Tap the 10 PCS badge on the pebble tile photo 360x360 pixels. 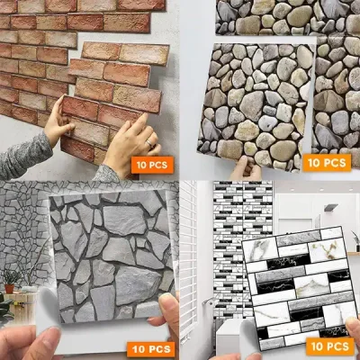click(x=328, y=163)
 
